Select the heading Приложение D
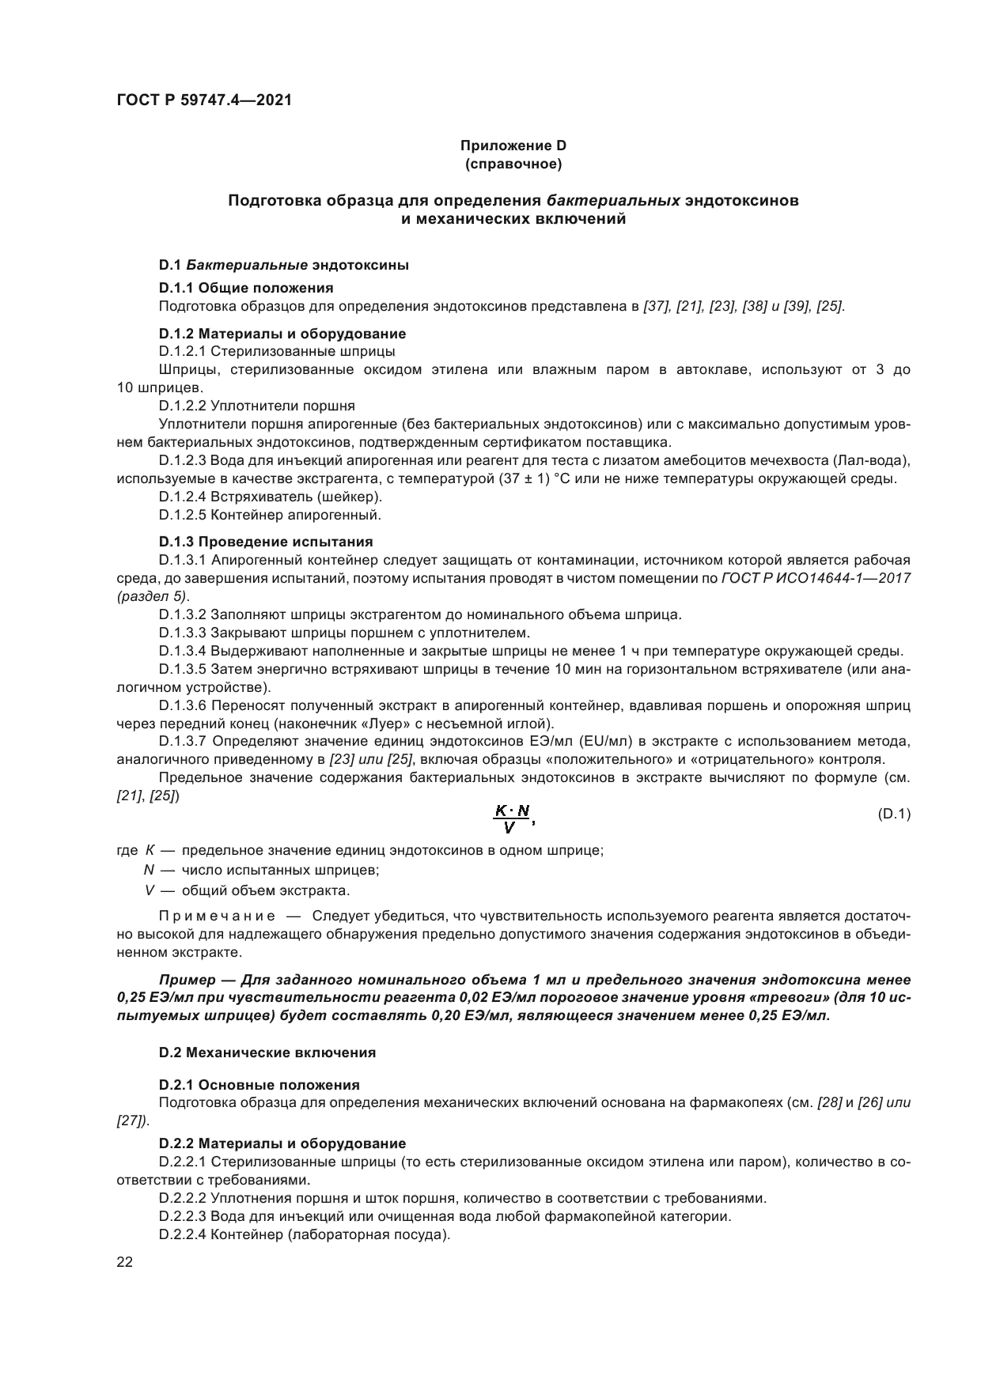(x=513, y=146)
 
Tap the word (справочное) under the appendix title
(x=513, y=164)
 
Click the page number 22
(x=124, y=1263)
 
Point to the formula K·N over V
(x=512, y=818)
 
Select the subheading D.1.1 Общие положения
(x=246, y=288)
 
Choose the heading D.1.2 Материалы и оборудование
(x=282, y=334)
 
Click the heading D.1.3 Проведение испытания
(x=266, y=542)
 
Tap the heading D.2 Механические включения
(x=267, y=1053)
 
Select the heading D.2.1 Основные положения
(x=259, y=1085)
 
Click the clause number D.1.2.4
(x=183, y=497)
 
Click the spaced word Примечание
(x=217, y=916)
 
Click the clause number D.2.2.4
(x=183, y=1235)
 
